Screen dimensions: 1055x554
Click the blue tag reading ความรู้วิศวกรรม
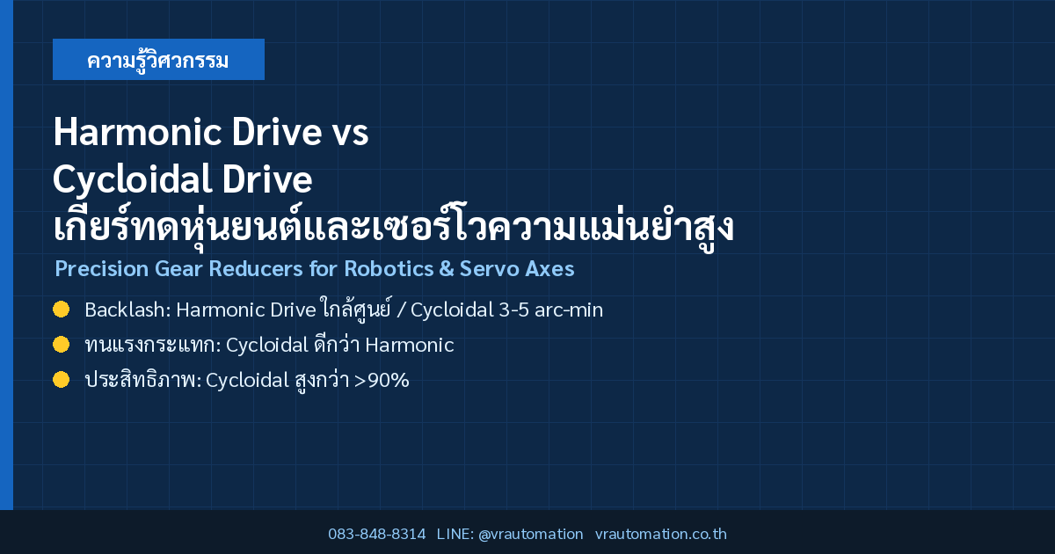coord(158,60)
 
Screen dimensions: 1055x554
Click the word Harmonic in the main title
coord(137,132)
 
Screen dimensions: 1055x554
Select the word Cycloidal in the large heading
coord(132,179)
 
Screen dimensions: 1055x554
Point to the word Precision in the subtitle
coord(102,268)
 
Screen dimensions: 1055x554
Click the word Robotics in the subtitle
coord(389,268)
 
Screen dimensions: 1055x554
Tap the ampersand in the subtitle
coord(447,268)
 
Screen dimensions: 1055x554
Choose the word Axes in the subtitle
coord(549,268)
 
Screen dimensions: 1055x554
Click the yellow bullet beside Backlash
coord(62,310)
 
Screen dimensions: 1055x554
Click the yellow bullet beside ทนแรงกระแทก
coord(62,345)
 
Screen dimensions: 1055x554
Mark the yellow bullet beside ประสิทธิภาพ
coord(62,380)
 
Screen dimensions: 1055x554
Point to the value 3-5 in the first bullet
coord(513,310)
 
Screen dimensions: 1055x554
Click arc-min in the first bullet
coord(569,310)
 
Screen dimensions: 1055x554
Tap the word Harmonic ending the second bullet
coord(410,346)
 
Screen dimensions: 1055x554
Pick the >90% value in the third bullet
coord(382,380)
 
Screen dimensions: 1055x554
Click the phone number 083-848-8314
coord(377,534)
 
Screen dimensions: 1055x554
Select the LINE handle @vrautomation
coord(531,534)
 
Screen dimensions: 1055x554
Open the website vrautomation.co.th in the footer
coord(661,534)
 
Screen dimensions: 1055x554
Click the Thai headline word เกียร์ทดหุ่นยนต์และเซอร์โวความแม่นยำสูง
coord(394,226)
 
